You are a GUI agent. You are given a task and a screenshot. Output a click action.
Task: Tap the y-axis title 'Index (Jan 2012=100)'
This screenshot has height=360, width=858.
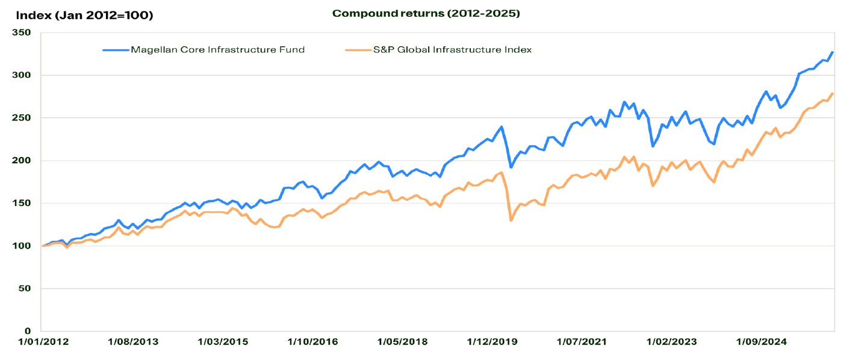pyautogui.click(x=85, y=15)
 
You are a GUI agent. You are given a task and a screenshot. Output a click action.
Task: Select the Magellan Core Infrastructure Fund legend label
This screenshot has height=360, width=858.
pyautogui.click(x=217, y=50)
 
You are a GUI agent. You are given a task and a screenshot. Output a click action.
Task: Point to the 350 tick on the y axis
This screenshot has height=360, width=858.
pyautogui.click(x=24, y=33)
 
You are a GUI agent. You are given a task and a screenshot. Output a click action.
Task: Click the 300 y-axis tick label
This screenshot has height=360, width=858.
pyautogui.click(x=24, y=75)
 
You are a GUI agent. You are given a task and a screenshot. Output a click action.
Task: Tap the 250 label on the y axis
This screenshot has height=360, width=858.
pyautogui.click(x=24, y=118)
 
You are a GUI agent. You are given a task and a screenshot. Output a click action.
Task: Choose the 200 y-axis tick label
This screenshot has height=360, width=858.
pyautogui.click(x=24, y=161)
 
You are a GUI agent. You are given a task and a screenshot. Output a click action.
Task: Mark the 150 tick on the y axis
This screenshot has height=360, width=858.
pyautogui.click(x=24, y=203)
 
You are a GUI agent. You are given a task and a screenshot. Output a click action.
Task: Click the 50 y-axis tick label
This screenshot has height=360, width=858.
pyautogui.click(x=26, y=289)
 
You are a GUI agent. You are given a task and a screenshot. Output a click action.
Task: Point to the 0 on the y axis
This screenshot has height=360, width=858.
pyautogui.click(x=29, y=331)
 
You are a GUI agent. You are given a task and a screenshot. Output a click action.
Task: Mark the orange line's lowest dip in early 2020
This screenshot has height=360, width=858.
pyautogui.click(x=511, y=220)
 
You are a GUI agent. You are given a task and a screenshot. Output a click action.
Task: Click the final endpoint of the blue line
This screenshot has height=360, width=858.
pyautogui.click(x=832, y=52)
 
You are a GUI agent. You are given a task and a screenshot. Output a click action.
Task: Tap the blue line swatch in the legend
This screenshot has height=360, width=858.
pyautogui.click(x=116, y=50)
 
